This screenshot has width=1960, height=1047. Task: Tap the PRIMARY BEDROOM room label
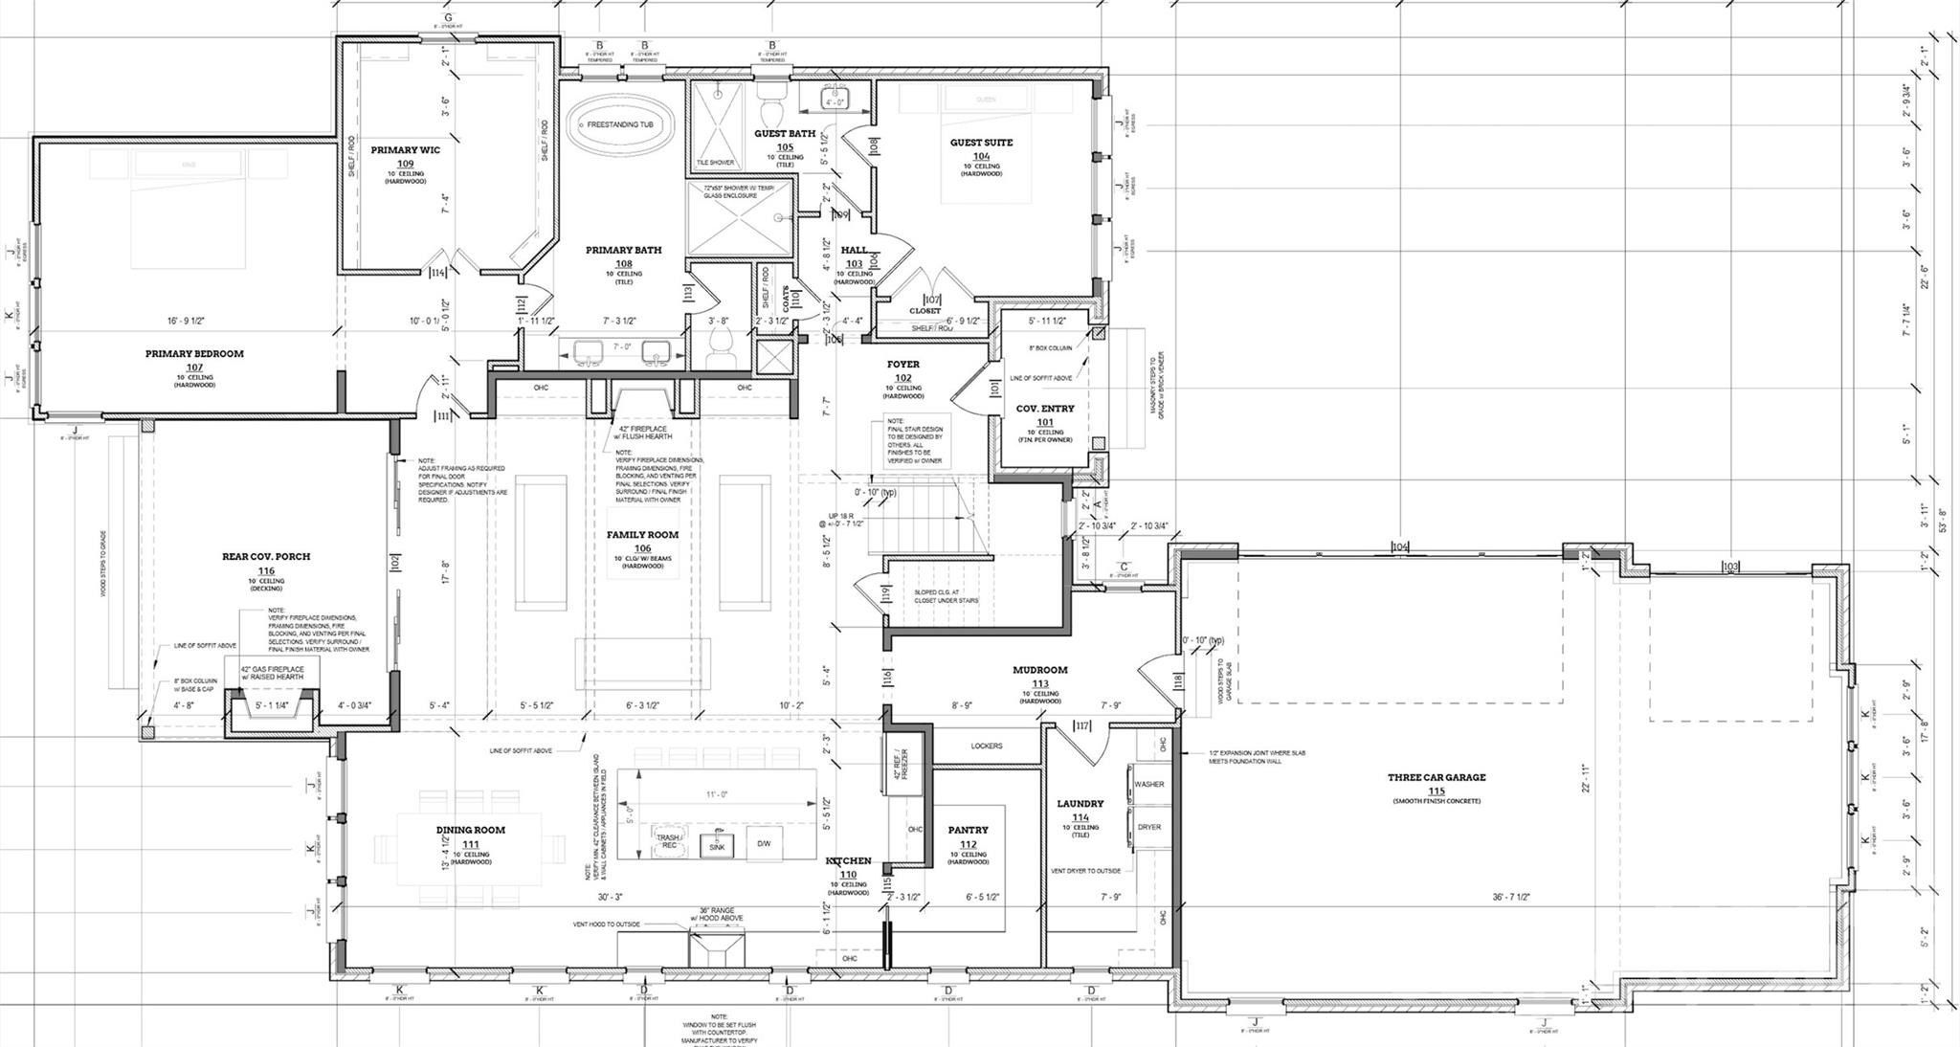[x=194, y=354]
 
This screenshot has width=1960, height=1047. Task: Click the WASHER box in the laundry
[x=1148, y=784]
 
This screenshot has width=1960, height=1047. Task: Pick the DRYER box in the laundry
[x=1148, y=827]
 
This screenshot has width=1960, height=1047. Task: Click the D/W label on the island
[x=764, y=843]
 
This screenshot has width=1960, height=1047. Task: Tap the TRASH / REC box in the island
[x=667, y=841]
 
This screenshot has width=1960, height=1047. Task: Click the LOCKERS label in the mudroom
[x=986, y=746]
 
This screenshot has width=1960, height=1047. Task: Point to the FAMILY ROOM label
[x=642, y=536]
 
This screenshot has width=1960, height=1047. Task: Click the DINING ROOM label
[x=470, y=830]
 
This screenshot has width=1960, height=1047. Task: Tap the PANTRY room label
[x=968, y=830]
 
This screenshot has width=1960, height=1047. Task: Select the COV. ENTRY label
[x=1044, y=409]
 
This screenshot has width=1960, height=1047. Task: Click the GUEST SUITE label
[x=981, y=143]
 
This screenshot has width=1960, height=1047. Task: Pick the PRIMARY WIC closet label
[x=405, y=150]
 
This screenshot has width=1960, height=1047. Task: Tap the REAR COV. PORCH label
[x=266, y=556]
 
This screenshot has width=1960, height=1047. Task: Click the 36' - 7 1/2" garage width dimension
[x=1511, y=897]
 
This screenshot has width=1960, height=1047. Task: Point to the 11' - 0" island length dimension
[x=718, y=795]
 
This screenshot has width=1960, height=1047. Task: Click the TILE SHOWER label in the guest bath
[x=715, y=163]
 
